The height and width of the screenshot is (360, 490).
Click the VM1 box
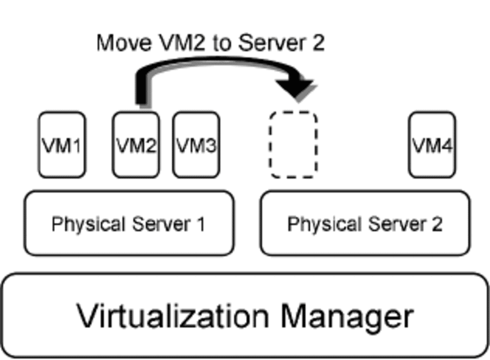tap(62, 145)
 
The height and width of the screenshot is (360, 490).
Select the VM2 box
tap(135, 145)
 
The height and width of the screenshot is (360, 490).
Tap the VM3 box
tap(195, 145)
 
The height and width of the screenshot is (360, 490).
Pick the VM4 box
tap(432, 145)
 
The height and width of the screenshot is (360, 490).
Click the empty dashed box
tap(294, 145)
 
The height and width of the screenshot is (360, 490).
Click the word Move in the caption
tap(119, 43)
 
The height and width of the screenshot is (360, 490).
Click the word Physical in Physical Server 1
tap(86, 224)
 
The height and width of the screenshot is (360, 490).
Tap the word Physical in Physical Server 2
tap(322, 224)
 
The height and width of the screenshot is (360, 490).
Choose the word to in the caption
tap(223, 43)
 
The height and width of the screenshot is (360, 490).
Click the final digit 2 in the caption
tap(318, 43)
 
